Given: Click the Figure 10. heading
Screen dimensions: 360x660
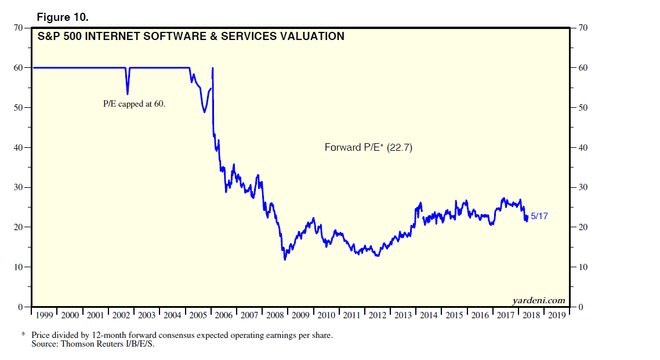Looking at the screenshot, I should click(62, 17).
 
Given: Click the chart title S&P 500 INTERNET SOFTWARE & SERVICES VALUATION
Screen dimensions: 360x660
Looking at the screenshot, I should click(191, 37).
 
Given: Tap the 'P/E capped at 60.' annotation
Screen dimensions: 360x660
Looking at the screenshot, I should click(134, 105).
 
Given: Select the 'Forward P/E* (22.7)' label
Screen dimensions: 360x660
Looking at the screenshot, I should click(368, 148).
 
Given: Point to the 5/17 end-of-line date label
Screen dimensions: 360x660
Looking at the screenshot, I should click(539, 216).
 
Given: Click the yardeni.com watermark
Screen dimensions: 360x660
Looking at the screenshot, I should click(538, 300).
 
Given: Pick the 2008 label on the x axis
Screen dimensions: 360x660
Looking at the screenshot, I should click(275, 315).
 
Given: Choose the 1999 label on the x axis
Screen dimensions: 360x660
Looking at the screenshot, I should click(45, 315).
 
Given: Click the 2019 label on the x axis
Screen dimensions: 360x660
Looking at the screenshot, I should click(557, 315).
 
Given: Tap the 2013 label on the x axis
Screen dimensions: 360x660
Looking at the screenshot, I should click(403, 315).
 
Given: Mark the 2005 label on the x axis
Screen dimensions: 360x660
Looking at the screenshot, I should click(198, 315).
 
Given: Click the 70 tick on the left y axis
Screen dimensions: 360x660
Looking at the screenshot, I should click(18, 28).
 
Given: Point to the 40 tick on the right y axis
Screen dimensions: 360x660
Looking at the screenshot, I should click(582, 147).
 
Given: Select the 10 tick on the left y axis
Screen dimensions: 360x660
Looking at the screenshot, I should click(18, 267).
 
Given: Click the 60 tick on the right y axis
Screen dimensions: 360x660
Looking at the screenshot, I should click(582, 68).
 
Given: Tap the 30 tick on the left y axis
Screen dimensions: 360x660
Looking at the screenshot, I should click(18, 187).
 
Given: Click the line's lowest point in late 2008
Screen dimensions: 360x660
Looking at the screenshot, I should click(285, 259).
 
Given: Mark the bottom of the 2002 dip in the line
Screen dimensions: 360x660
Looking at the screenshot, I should click(128, 94).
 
